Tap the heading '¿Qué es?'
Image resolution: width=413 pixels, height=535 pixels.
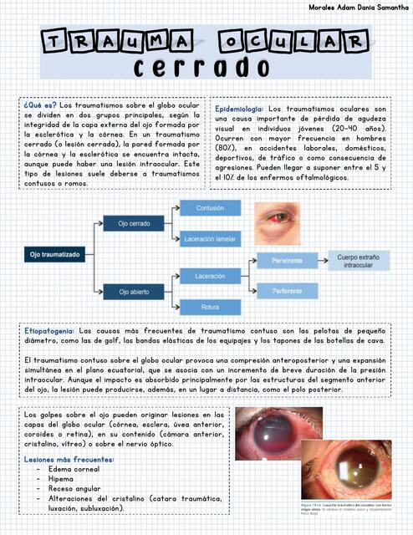(39, 106)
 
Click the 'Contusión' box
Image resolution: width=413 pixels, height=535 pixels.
(210, 207)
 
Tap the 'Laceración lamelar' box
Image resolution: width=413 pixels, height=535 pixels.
(210, 240)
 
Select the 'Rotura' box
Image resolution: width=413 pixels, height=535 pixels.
(210, 308)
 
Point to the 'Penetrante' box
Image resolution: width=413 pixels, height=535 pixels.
(287, 262)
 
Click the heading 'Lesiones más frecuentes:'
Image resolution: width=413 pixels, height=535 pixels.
(69, 460)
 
